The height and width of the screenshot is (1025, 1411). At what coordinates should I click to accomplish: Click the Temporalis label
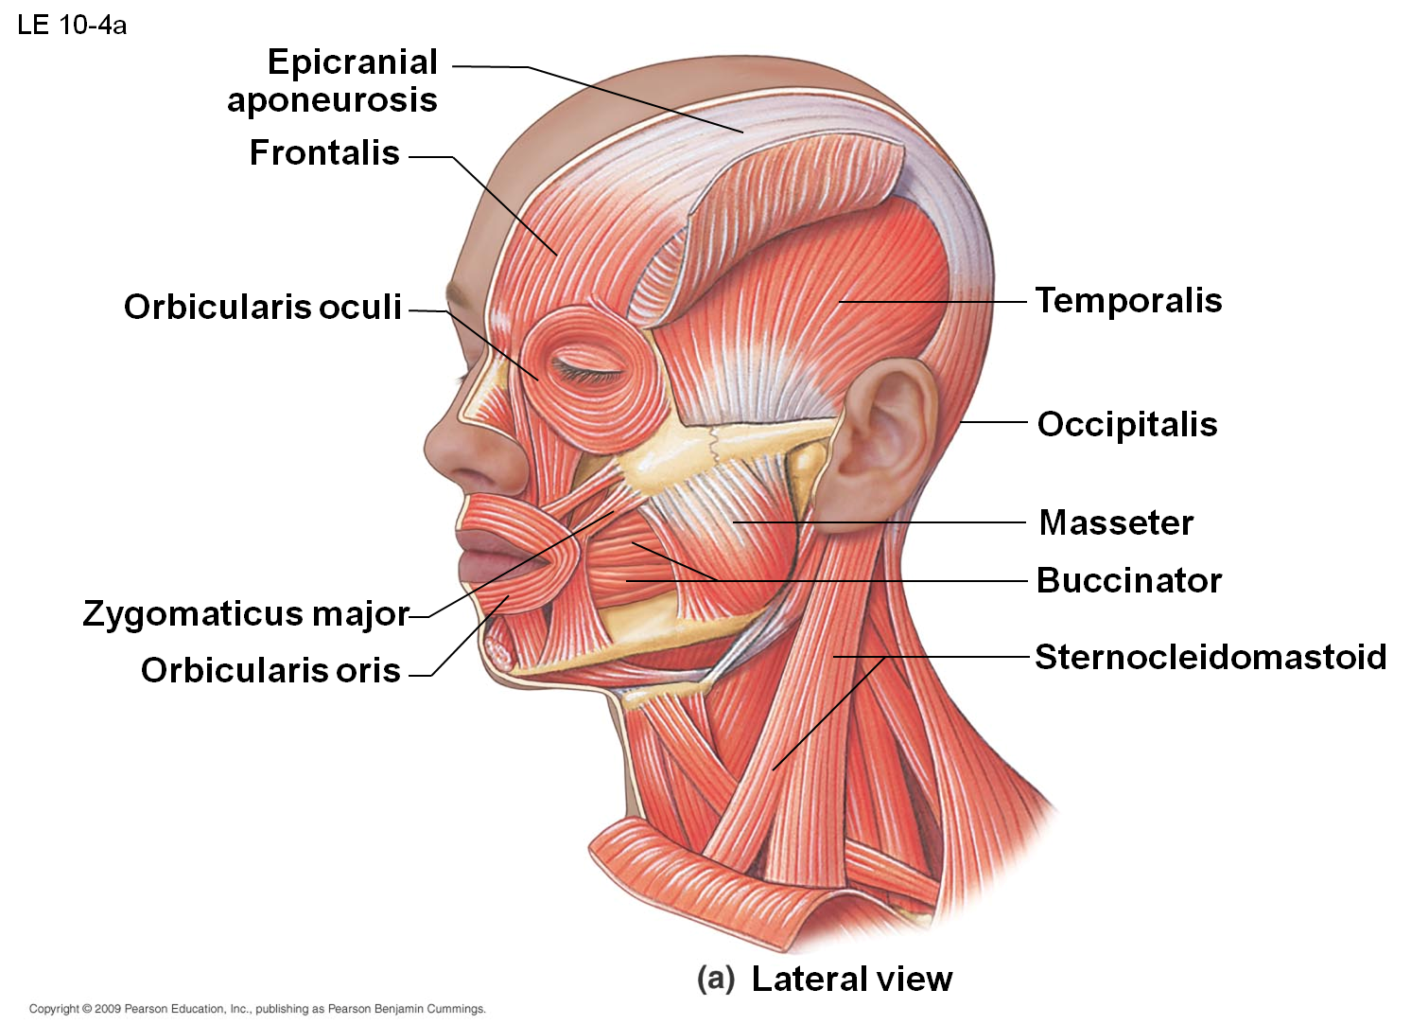(x=1128, y=301)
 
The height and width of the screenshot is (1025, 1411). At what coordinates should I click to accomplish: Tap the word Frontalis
(x=324, y=153)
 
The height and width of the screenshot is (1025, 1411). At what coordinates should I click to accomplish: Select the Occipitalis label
(x=1127, y=424)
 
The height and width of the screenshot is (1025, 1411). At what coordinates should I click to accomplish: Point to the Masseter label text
(x=1116, y=522)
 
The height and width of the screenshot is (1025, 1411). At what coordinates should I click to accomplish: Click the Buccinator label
(x=1129, y=580)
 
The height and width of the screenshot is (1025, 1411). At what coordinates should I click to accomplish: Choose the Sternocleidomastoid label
(x=1211, y=657)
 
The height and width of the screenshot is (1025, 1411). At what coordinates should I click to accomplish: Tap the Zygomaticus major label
(x=246, y=613)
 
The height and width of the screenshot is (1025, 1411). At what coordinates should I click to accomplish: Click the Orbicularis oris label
(x=270, y=669)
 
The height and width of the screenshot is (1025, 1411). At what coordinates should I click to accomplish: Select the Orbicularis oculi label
(x=262, y=307)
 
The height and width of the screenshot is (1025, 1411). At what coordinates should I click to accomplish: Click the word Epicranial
(x=352, y=63)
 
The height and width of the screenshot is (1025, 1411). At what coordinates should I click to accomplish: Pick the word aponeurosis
(x=332, y=101)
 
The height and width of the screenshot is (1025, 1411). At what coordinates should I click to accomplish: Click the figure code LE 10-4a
(x=72, y=26)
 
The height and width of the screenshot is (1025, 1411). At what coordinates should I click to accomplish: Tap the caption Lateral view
(x=852, y=979)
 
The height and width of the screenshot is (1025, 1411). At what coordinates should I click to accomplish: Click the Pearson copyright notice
(x=257, y=1009)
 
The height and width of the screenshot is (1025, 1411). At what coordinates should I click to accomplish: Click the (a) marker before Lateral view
(x=716, y=979)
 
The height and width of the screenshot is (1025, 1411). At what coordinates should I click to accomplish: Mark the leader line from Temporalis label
(x=932, y=302)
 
